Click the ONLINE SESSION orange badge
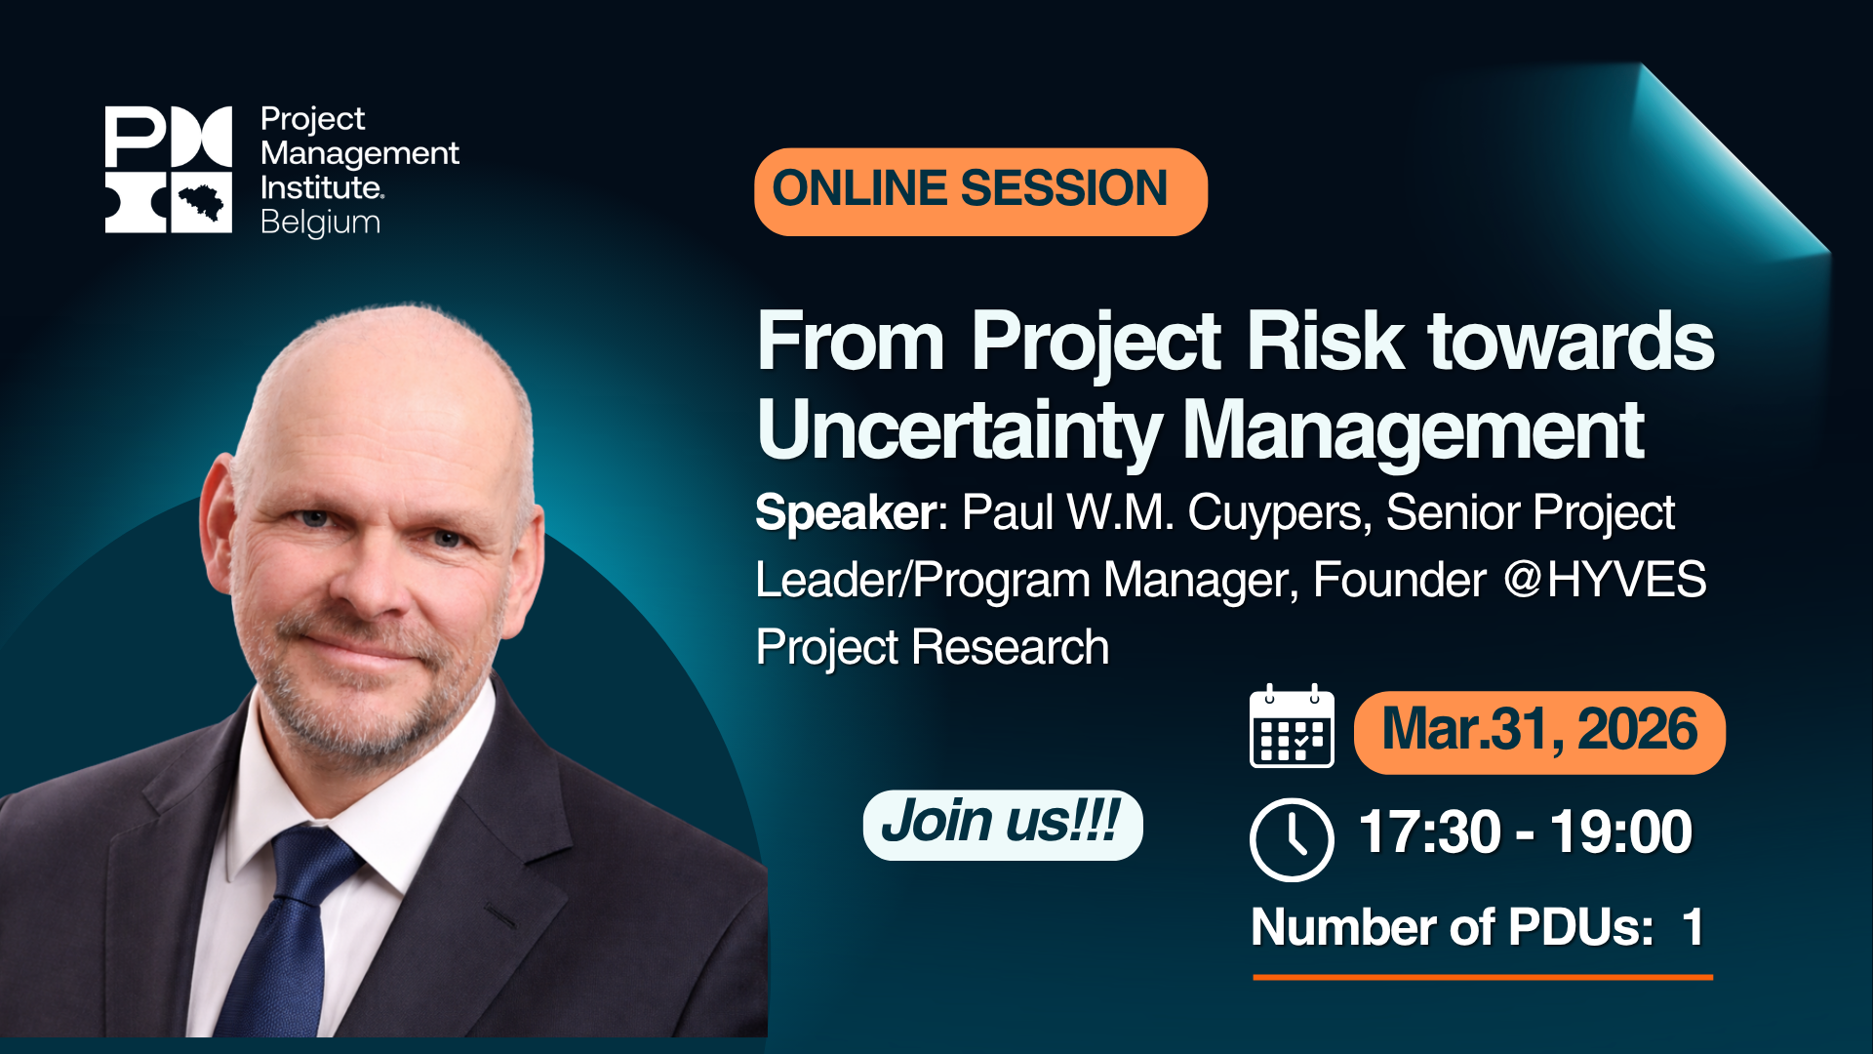coord(979,191)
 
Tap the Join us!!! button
coord(1002,824)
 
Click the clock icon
coord(1292,839)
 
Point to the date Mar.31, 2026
coord(1539,732)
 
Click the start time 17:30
coord(1428,832)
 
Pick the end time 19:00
coord(1620,832)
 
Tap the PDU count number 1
coord(1693,927)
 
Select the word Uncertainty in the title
coord(959,431)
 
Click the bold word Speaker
coord(846,512)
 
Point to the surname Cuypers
coord(1274,512)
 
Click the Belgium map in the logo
coord(202,203)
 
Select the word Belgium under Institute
coord(320,223)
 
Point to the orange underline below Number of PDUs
coord(1482,976)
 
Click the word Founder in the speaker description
coord(1399,580)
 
